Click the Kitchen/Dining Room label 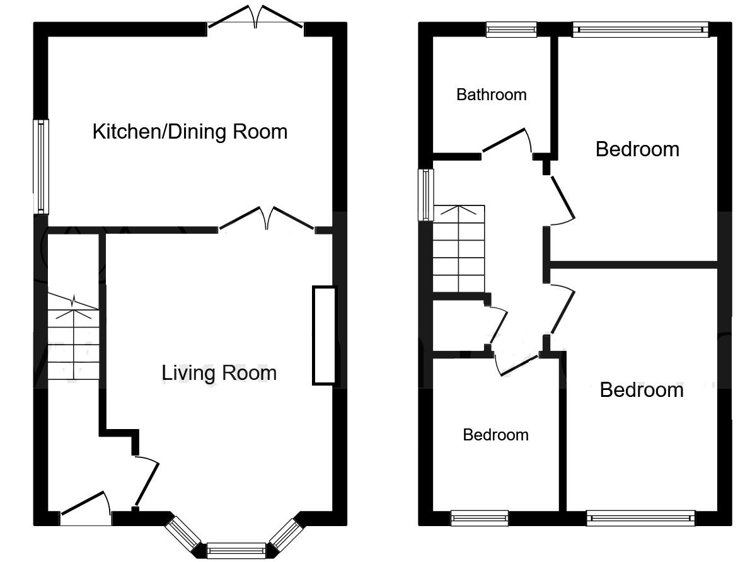click(190, 132)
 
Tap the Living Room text click(219, 373)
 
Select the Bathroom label click(491, 95)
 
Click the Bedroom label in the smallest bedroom click(495, 435)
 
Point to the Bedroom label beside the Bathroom click(637, 149)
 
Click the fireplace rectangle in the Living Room click(324, 335)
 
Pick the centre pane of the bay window click(236, 551)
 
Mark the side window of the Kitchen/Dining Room click(42, 166)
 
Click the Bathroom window click(511, 29)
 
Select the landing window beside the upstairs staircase click(427, 194)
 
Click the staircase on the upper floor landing click(458, 249)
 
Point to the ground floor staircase click(74, 340)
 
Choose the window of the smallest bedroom click(480, 519)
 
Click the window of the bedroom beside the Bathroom click(640, 29)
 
